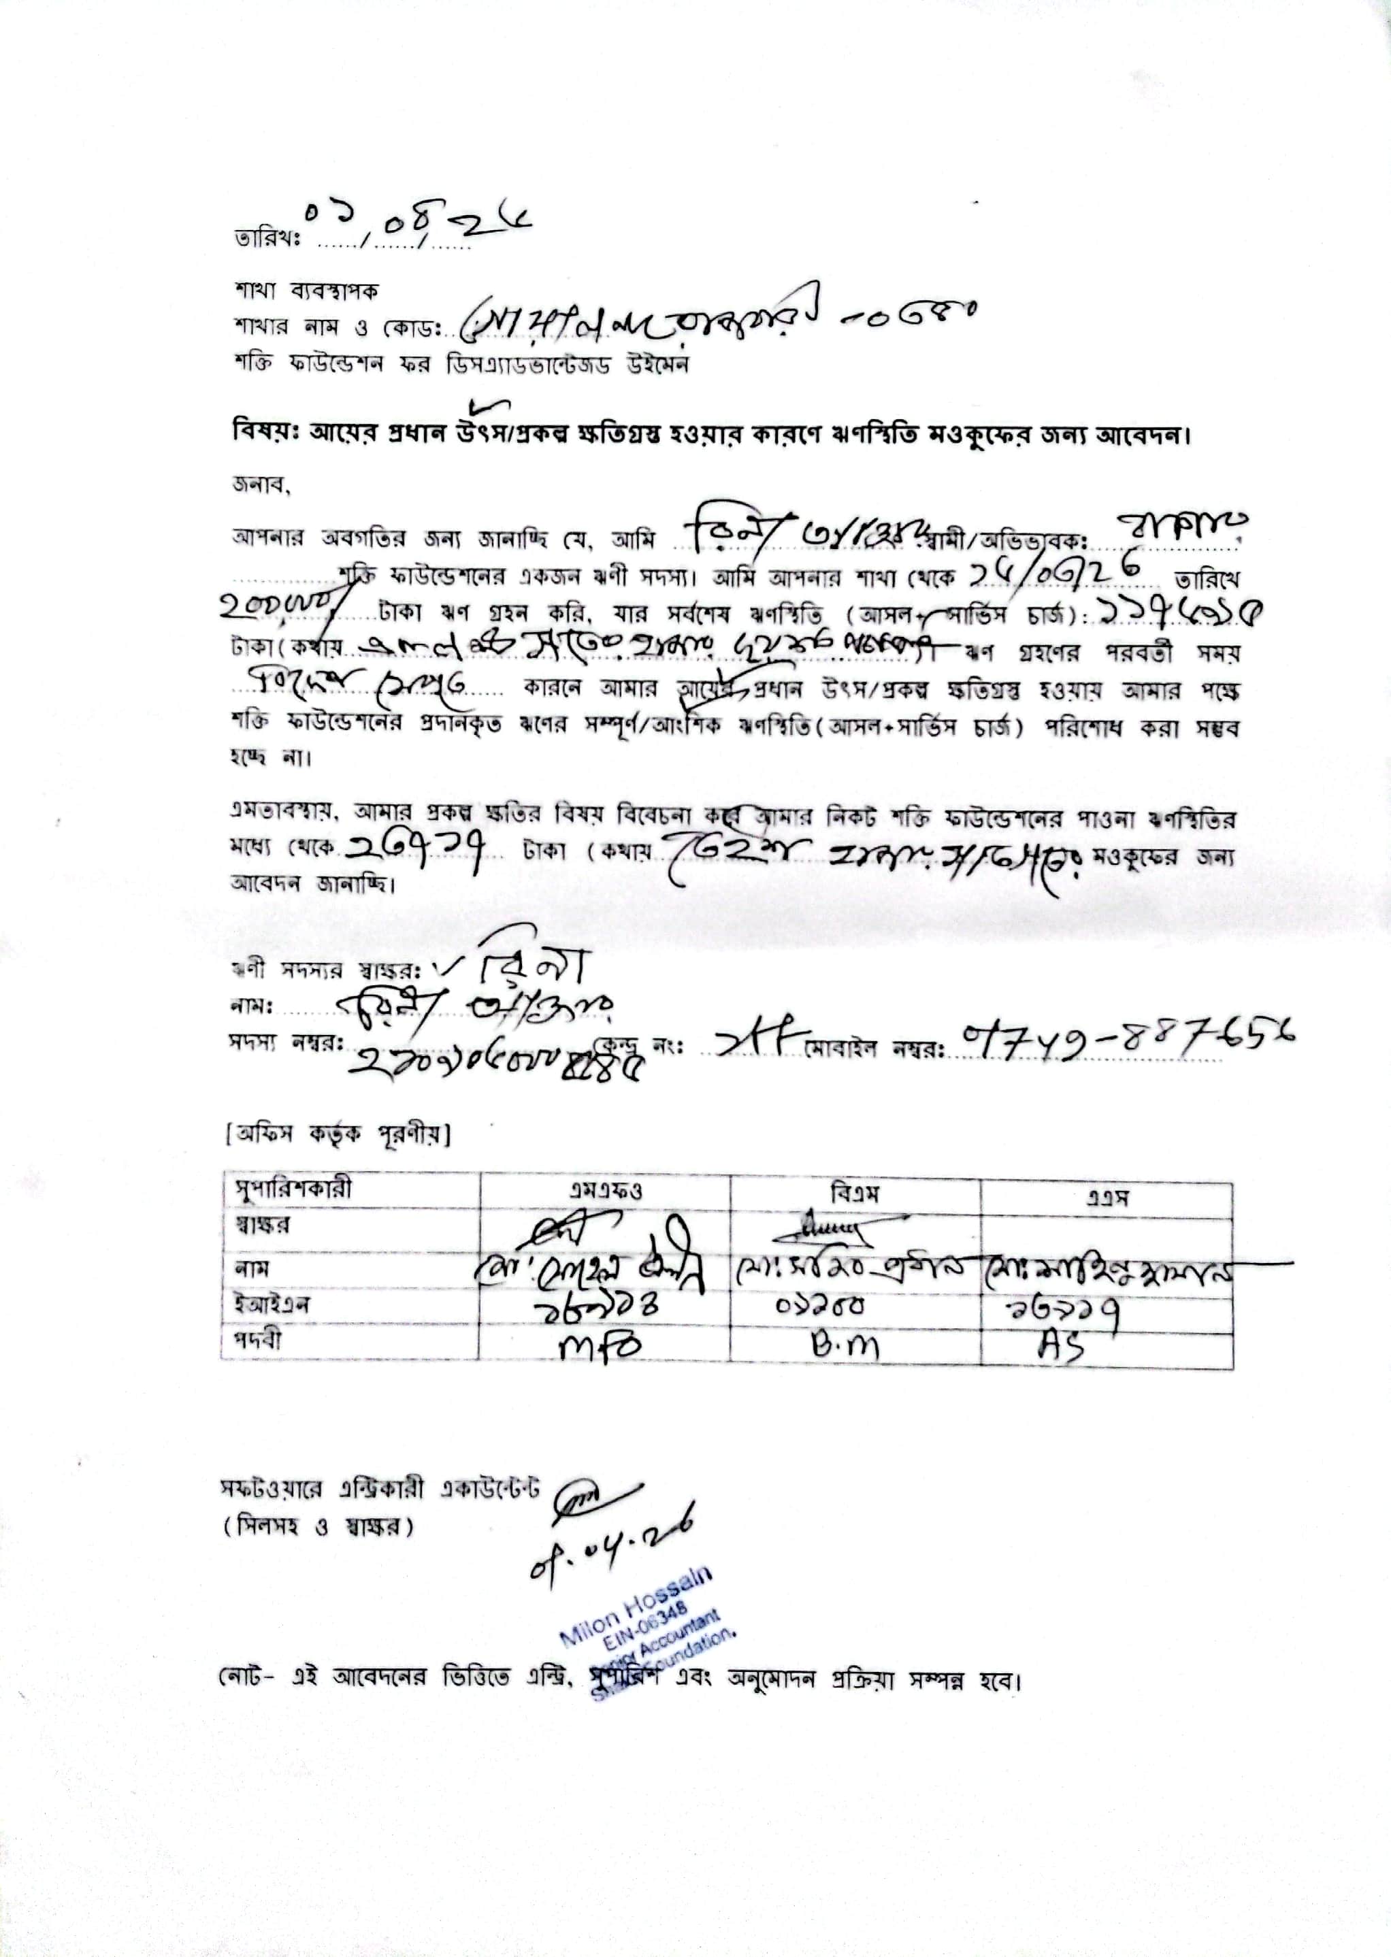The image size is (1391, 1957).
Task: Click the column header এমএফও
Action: click(x=605, y=1191)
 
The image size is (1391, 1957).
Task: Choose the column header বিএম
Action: click(x=854, y=1191)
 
